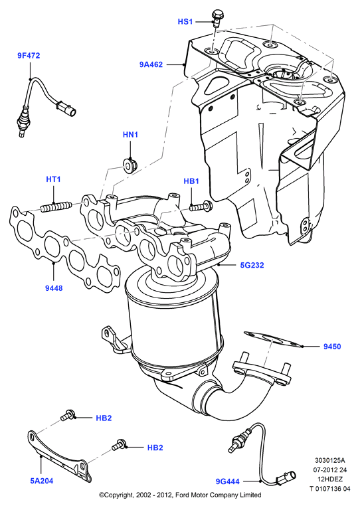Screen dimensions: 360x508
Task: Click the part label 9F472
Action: tap(29, 56)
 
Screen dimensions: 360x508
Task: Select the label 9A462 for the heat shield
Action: tap(151, 64)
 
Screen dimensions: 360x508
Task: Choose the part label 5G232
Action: tap(252, 265)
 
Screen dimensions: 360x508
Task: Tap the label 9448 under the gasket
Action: tap(54, 288)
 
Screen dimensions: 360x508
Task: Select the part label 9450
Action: tap(332, 347)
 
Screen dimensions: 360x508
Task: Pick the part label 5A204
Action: tap(42, 481)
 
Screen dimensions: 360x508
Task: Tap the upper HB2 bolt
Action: tap(68, 414)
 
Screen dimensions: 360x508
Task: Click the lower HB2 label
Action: tap(155, 448)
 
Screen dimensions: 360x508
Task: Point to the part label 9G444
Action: tap(228, 481)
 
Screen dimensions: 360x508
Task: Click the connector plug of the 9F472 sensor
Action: tap(66, 108)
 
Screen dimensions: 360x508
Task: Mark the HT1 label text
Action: tap(53, 179)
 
